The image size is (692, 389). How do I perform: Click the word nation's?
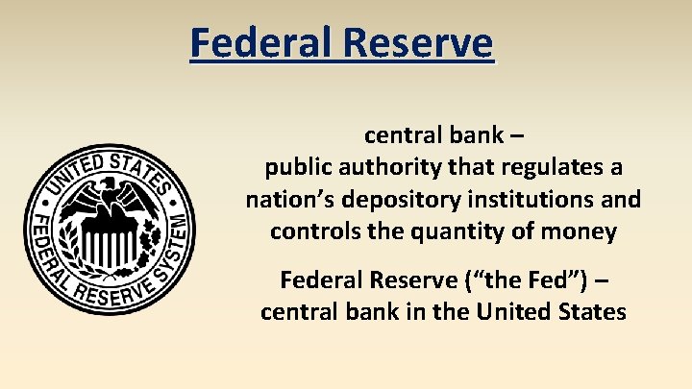(287, 200)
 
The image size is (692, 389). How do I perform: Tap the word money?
(583, 231)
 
